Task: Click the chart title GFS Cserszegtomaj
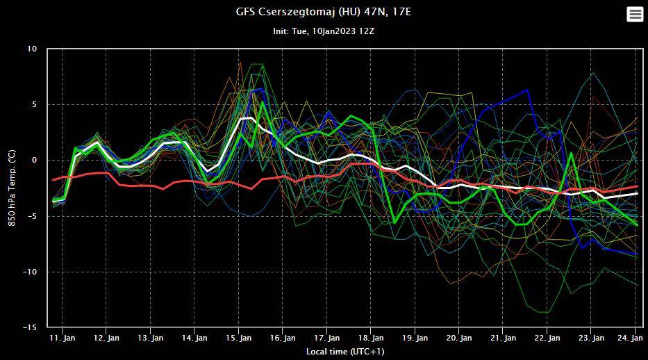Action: pos(324,13)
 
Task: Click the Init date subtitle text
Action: pos(324,31)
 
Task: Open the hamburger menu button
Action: pos(635,14)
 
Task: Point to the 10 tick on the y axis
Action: pos(32,49)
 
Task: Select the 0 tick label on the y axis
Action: pos(34,161)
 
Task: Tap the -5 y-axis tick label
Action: pos(32,216)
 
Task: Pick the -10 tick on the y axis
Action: pos(30,272)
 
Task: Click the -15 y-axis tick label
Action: pos(30,327)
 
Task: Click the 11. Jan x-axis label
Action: pos(63,338)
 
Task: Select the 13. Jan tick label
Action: pos(151,338)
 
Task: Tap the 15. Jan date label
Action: pos(239,338)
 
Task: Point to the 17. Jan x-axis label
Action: pos(327,338)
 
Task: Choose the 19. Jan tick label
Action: pos(415,338)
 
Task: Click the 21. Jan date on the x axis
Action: pos(504,338)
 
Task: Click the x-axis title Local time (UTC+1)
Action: pos(345,352)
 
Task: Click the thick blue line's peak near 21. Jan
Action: pos(528,90)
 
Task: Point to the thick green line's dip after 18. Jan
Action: pos(394,223)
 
